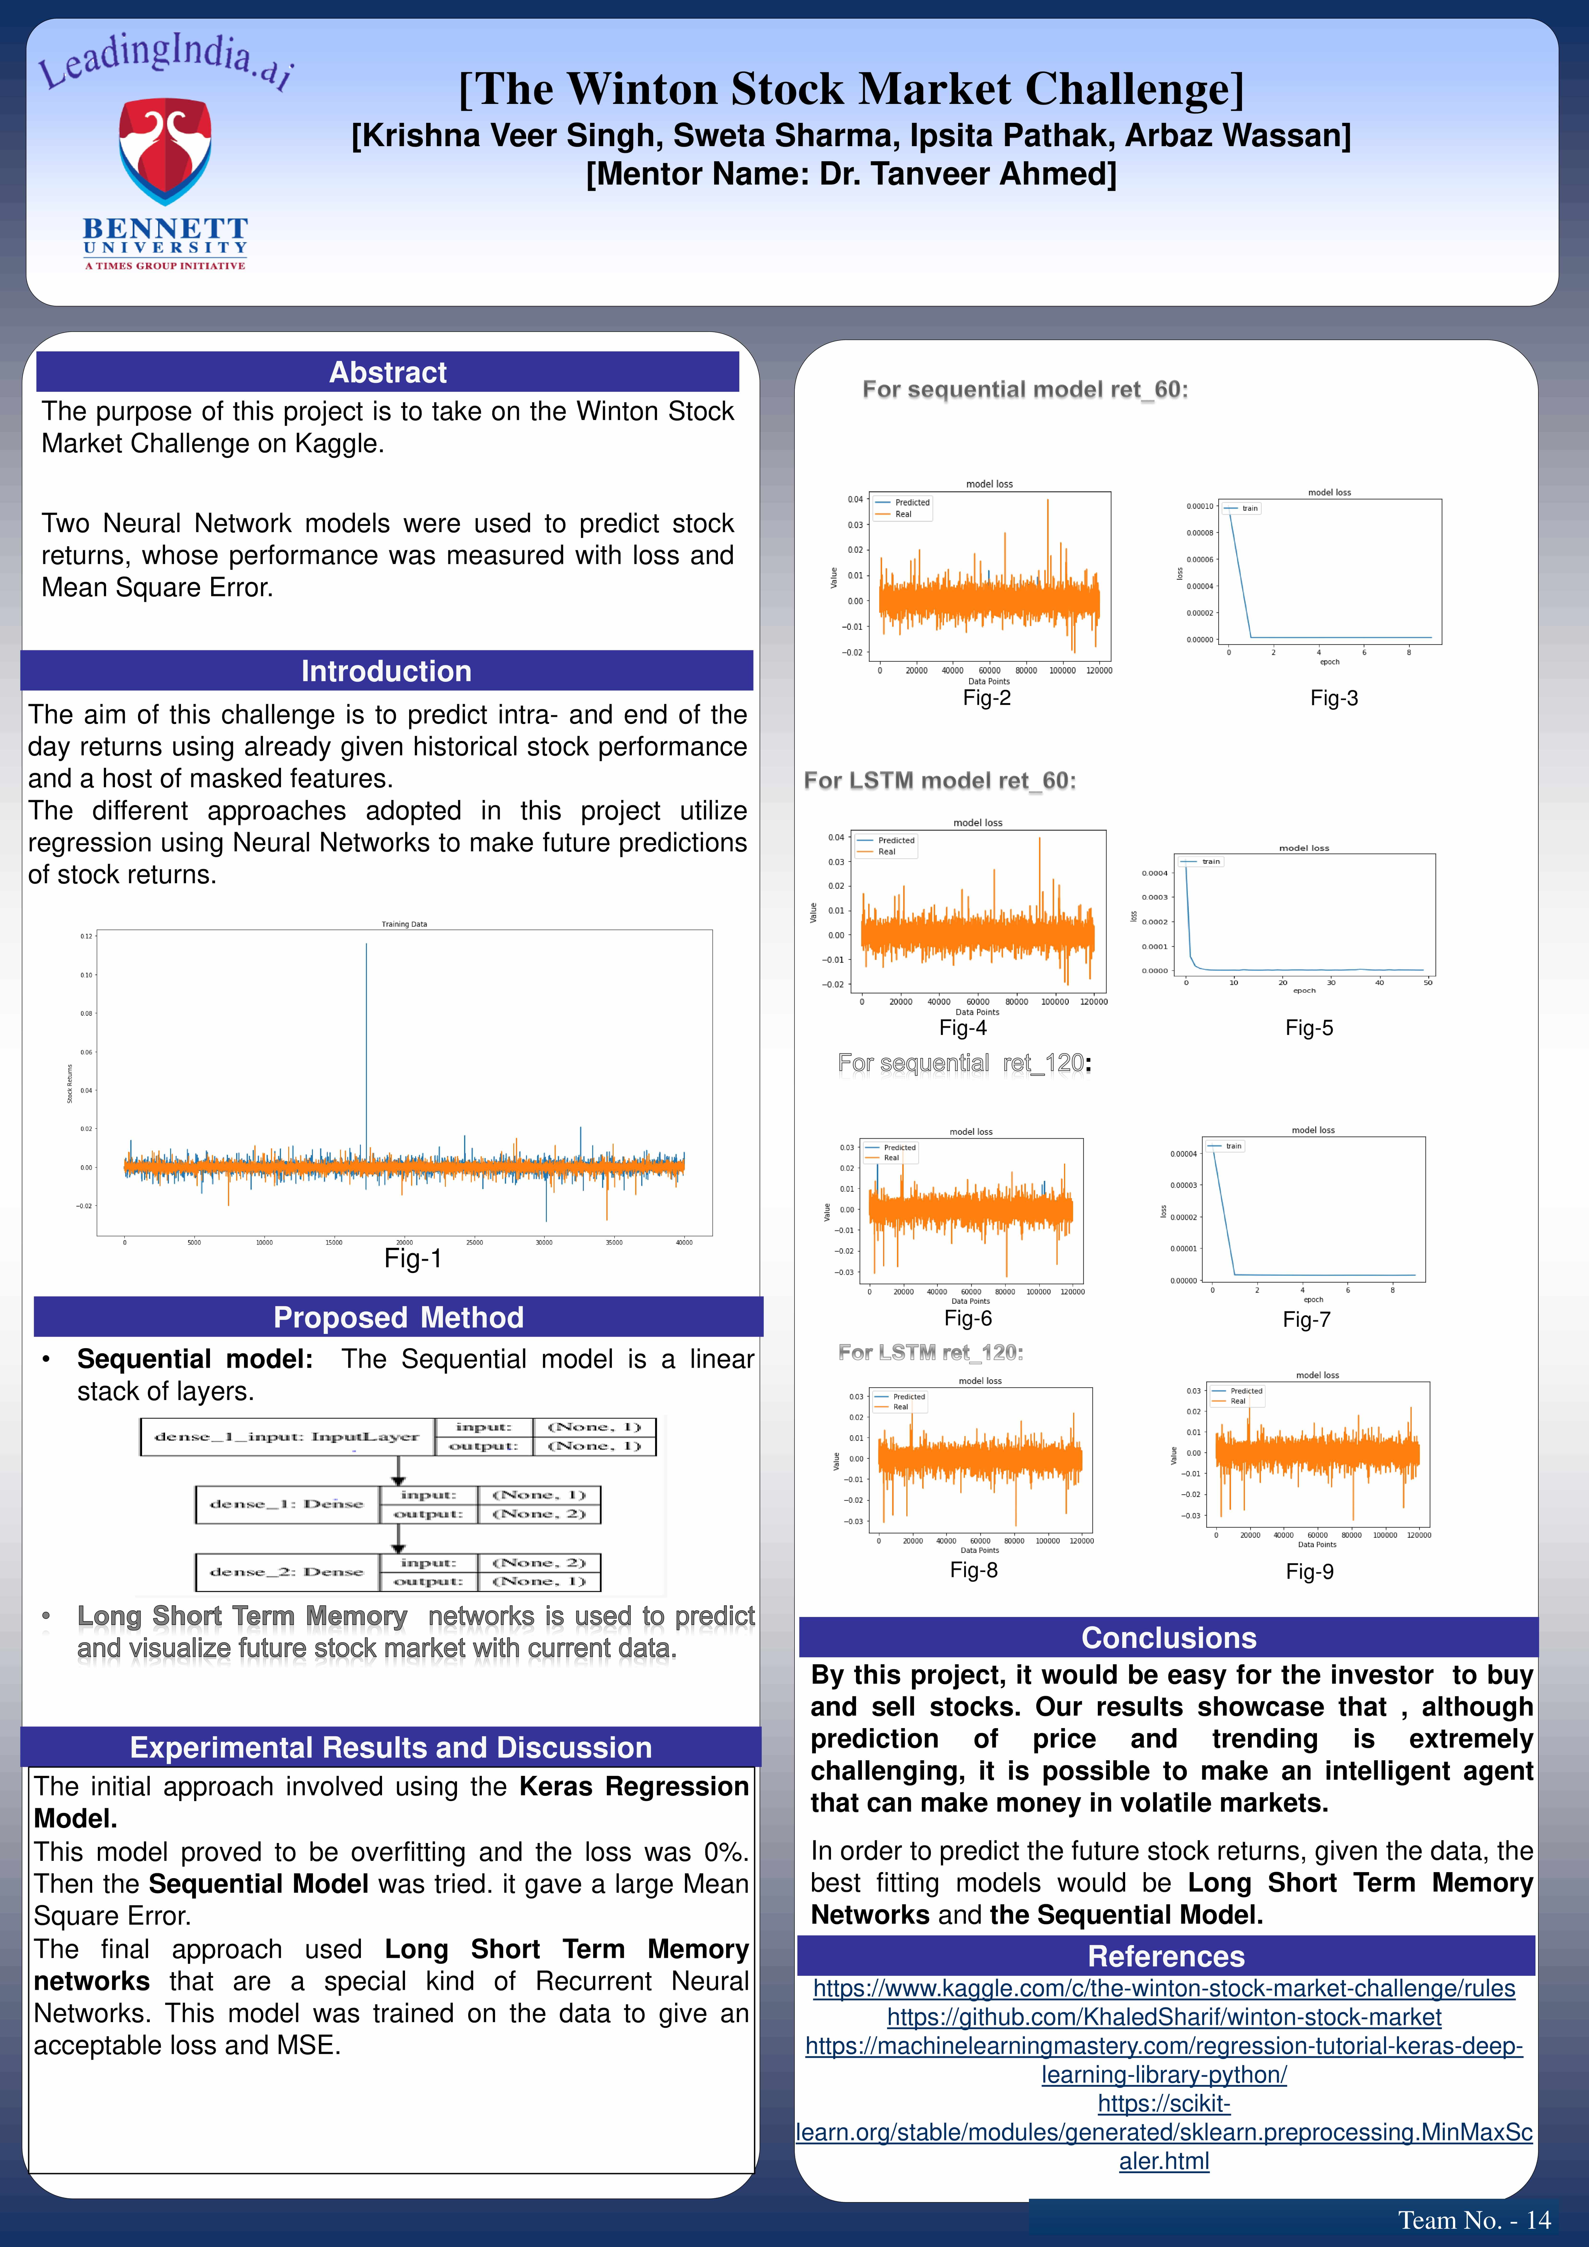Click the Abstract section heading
[388, 372]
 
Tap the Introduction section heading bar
[387, 671]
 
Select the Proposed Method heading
[398, 1317]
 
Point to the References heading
[1166, 1956]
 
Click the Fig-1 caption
[413, 1259]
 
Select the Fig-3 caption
[1334, 698]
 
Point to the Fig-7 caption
[1306, 1319]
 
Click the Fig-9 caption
[1309, 1571]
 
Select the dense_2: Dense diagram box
[287, 1572]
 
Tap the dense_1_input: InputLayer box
[287, 1437]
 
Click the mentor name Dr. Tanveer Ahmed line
[851, 174]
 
